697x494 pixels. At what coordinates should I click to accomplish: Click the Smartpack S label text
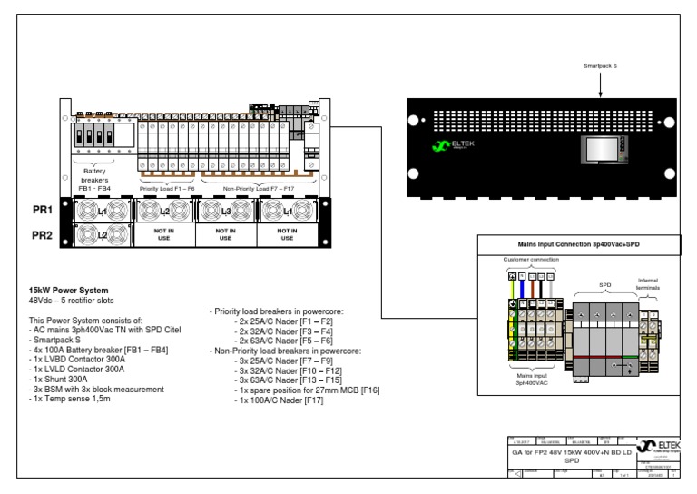pyautogui.click(x=603, y=66)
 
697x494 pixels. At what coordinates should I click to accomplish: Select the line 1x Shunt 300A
pyautogui.click(x=64, y=379)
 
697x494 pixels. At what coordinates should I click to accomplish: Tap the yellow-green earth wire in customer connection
pyautogui.click(x=513, y=291)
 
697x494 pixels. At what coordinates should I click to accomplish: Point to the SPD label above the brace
pyautogui.click(x=605, y=283)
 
